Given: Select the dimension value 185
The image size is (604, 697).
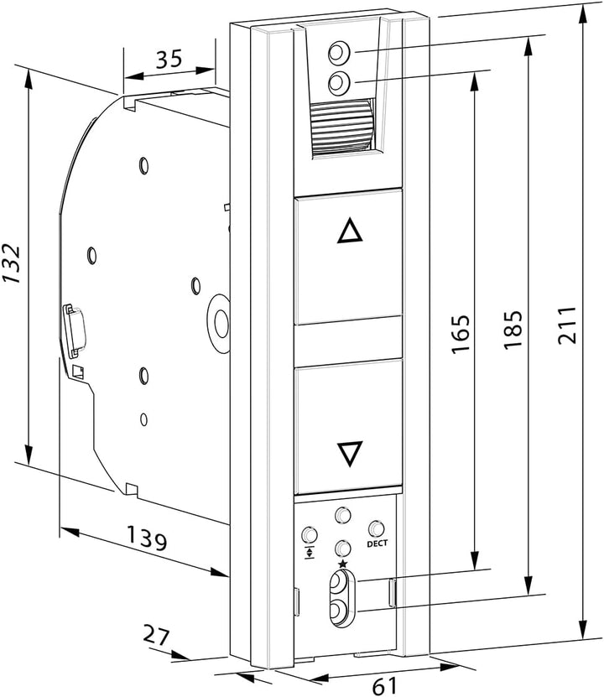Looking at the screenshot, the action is (x=513, y=330).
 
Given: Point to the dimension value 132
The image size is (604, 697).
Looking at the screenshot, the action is (x=11, y=263).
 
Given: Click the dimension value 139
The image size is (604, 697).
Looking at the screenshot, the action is (x=147, y=538).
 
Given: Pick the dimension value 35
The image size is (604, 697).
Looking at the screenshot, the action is (x=169, y=59).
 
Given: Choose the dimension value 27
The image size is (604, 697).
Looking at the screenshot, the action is (x=156, y=635).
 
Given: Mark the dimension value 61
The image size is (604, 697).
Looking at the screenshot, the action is (x=384, y=685).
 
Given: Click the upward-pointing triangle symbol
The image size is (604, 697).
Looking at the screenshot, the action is (x=350, y=231).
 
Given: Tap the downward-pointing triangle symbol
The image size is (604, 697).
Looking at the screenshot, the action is (x=350, y=454).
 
